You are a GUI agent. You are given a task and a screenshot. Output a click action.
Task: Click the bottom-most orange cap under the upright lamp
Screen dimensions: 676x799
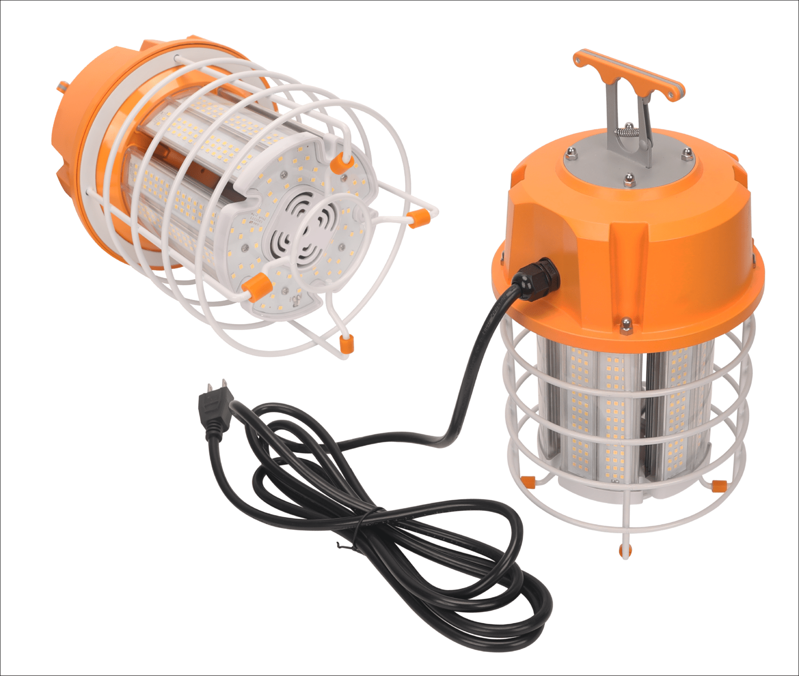625,550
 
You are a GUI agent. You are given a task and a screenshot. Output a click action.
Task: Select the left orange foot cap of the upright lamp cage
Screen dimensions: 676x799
528,481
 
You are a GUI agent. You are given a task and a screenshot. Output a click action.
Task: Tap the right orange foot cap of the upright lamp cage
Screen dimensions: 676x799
719,484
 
